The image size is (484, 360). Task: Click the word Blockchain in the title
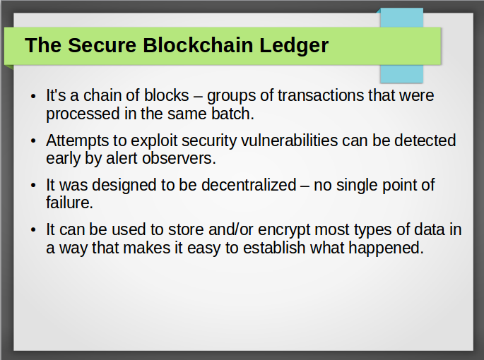pos(198,45)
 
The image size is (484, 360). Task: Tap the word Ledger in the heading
pos(294,46)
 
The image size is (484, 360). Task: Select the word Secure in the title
pos(102,45)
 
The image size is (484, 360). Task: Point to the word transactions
pos(320,95)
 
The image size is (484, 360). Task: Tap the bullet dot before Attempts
pos(34,141)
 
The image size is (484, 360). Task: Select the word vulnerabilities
pos(289,140)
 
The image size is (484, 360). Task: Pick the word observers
pos(179,159)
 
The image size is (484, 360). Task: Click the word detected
pos(425,140)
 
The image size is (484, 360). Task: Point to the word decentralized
pos(249,185)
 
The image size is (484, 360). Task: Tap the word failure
pos(69,203)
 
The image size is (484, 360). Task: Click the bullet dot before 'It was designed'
pos(34,186)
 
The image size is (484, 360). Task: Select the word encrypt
pos(284,230)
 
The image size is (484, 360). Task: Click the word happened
pos(386,248)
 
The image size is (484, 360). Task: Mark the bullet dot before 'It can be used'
pos(34,230)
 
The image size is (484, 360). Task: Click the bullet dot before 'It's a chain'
pos(34,96)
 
